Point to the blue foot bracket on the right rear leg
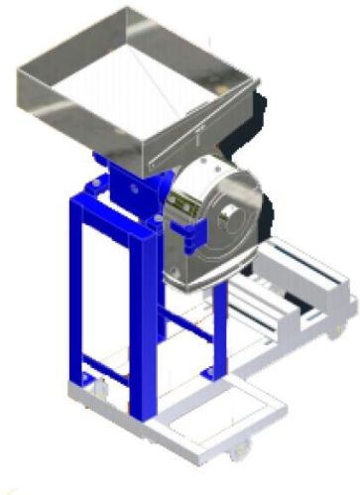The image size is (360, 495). (x=211, y=372)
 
